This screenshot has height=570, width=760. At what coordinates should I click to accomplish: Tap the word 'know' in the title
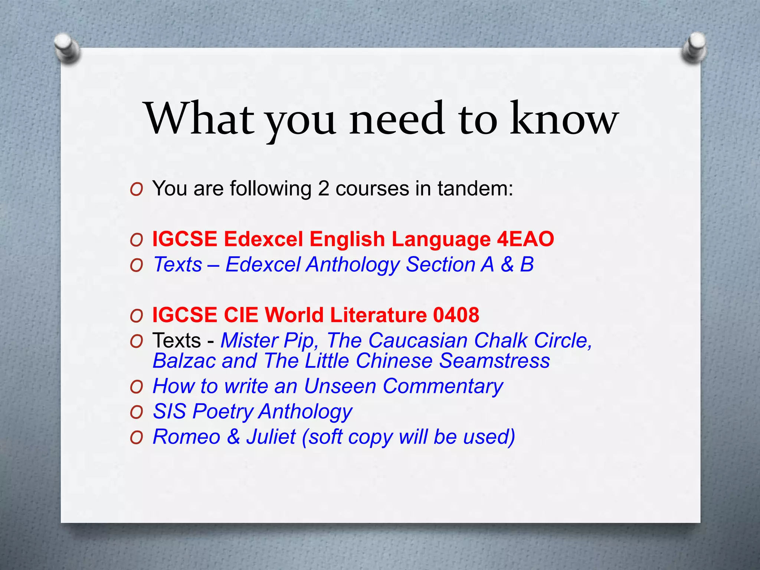(x=564, y=119)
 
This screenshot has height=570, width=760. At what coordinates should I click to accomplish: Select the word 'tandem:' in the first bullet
(x=475, y=189)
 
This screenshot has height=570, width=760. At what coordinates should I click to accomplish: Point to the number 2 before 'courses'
(x=323, y=189)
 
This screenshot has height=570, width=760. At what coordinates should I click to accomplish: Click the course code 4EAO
(x=525, y=239)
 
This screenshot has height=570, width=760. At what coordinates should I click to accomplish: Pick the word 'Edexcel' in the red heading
(x=263, y=239)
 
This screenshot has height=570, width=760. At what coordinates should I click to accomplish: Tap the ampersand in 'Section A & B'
(x=507, y=265)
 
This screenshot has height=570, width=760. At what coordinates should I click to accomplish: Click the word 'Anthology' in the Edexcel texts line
(x=353, y=265)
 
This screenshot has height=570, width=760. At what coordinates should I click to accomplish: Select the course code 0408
(x=456, y=315)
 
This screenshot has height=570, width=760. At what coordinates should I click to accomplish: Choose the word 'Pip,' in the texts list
(x=301, y=340)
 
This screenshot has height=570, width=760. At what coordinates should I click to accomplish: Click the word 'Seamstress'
(x=495, y=361)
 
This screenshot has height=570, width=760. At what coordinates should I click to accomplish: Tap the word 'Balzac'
(x=184, y=361)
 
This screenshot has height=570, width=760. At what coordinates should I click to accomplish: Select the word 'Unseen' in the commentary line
(x=340, y=386)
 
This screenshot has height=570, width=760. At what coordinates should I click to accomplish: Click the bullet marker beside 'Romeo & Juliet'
(x=137, y=438)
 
